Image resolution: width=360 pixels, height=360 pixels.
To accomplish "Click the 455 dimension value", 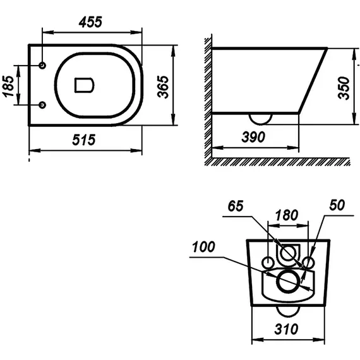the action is pyautogui.click(x=90, y=22).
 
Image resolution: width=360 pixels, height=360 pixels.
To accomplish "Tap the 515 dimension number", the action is pyautogui.click(x=84, y=140).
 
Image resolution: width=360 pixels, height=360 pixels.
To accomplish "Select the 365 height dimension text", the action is pyautogui.click(x=163, y=87).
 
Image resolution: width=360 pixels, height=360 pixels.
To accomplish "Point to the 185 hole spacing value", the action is pyautogui.click(x=8, y=86).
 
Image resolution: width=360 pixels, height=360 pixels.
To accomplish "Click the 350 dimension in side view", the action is pyautogui.click(x=344, y=88).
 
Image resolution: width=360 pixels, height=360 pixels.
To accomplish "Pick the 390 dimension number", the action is pyautogui.click(x=253, y=137).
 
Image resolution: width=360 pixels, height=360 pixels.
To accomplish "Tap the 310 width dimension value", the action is pyautogui.click(x=286, y=329).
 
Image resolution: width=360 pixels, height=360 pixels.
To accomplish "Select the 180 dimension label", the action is pyautogui.click(x=287, y=215).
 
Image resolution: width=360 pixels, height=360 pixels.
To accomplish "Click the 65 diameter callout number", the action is pyautogui.click(x=236, y=206).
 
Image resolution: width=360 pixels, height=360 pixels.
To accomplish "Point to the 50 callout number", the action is pyautogui.click(x=337, y=205).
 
